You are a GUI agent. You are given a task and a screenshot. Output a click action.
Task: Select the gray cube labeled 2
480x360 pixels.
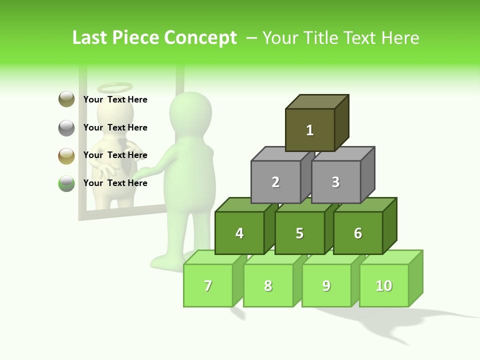tap(275, 182)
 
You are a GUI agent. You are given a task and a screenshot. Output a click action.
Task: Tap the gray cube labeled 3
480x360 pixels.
tap(335, 182)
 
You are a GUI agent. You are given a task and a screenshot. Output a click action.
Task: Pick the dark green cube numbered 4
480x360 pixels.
tap(239, 233)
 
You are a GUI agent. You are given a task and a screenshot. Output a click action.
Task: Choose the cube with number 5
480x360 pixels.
tap(299, 233)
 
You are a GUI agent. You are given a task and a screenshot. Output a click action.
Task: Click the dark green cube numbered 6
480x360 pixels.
tap(357, 233)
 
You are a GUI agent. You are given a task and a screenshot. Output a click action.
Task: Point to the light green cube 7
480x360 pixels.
tap(208, 285)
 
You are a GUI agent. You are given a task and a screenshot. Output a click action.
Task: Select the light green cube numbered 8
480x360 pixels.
tap(268, 285)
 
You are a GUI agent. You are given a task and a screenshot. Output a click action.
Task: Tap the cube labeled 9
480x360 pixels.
tap(326, 285)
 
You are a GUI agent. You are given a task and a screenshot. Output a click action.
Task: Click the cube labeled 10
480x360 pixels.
tap(383, 285)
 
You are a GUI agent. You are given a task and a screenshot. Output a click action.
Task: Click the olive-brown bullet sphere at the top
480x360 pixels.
tap(66, 99)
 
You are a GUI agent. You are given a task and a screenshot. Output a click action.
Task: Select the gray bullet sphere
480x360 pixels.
tap(66, 127)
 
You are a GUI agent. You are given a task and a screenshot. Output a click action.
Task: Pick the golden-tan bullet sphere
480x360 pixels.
tap(66, 155)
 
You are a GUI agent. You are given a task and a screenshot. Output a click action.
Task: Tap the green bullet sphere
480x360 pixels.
tap(66, 183)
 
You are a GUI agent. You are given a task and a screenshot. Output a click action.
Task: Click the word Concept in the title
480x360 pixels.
tap(200, 38)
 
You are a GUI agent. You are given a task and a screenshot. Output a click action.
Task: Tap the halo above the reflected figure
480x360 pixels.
tap(115, 88)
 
